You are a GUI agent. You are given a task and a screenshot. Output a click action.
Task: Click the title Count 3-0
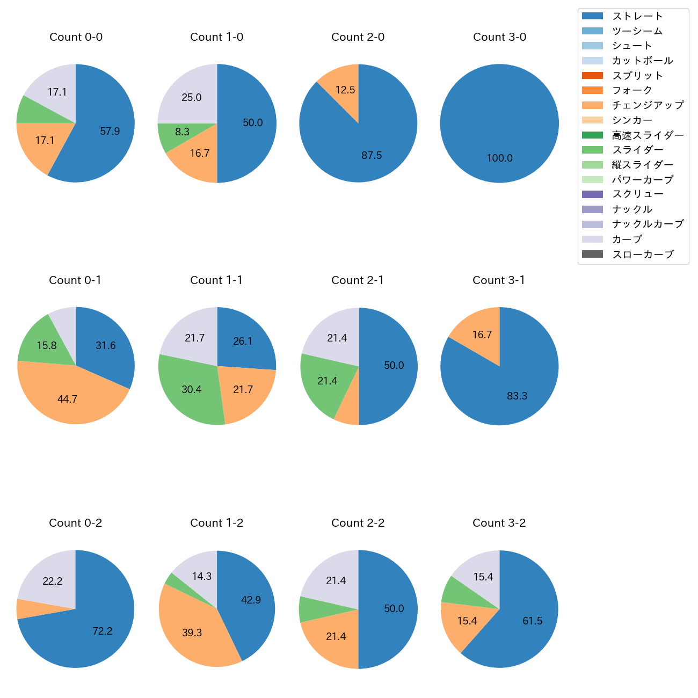[x=499, y=37]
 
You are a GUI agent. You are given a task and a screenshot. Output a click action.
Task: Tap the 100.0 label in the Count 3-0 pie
[x=499, y=158]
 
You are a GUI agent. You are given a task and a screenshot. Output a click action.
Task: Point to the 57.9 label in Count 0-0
[x=110, y=131]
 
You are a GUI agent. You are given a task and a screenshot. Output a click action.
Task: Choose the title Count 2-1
[x=358, y=280]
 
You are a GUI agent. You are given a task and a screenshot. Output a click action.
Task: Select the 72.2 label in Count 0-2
[x=102, y=631]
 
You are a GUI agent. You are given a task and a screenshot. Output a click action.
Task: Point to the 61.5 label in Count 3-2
[x=532, y=621]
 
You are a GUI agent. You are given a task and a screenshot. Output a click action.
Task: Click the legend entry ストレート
[x=637, y=16]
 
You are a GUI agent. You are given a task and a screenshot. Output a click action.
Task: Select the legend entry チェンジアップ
[x=648, y=105]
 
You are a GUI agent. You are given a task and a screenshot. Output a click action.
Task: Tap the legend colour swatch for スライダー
[x=592, y=150]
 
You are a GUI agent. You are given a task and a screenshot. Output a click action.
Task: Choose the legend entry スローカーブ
[x=643, y=255]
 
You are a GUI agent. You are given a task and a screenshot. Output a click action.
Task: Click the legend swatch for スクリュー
[x=592, y=194]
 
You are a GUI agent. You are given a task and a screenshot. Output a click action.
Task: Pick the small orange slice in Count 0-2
[x=24, y=609]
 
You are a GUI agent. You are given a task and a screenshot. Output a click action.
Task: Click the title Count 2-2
[x=358, y=523]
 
